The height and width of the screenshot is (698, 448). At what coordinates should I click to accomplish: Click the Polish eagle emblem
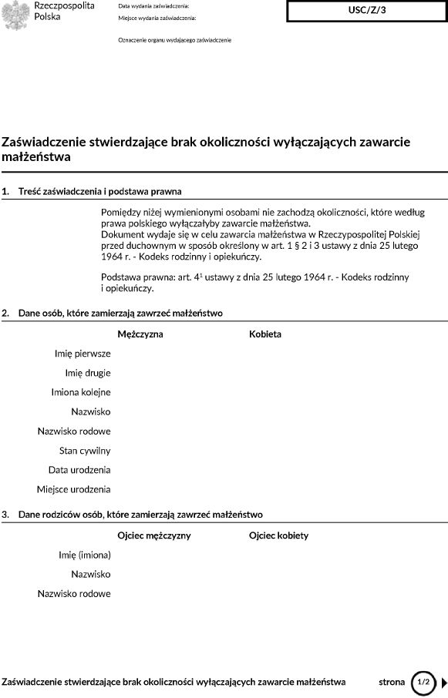coord(15,15)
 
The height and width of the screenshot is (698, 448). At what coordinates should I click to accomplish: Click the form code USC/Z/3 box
coord(367,12)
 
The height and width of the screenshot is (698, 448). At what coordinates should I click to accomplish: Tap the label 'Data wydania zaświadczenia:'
coord(153,5)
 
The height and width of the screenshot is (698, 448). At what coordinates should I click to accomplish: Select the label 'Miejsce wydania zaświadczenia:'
coord(157,17)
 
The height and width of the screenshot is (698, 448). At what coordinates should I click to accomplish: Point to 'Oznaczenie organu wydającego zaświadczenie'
coord(174,39)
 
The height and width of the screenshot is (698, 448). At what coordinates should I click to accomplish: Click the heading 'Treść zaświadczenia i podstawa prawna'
coord(100,191)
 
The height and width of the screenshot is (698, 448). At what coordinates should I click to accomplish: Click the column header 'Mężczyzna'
coord(140,334)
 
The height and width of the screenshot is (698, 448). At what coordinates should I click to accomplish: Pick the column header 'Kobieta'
coord(265,334)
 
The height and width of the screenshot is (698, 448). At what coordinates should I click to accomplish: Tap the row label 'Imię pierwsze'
coord(83,354)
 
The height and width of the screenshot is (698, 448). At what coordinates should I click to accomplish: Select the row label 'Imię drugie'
coord(88,373)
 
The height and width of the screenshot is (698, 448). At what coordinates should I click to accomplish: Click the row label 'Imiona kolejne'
coord(81,392)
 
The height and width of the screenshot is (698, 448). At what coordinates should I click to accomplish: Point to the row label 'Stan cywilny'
coord(85,450)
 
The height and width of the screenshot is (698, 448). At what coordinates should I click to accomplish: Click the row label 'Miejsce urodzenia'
coord(74,488)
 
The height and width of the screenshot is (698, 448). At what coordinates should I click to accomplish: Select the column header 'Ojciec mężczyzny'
coord(154,535)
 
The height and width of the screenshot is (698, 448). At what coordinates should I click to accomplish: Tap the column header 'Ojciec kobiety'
coord(279,535)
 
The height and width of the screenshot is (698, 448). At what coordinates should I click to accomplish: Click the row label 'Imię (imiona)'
coord(85,555)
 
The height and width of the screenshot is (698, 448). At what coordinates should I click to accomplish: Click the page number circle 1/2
coord(423,682)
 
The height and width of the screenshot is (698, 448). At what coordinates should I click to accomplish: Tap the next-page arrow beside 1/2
coord(443,682)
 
